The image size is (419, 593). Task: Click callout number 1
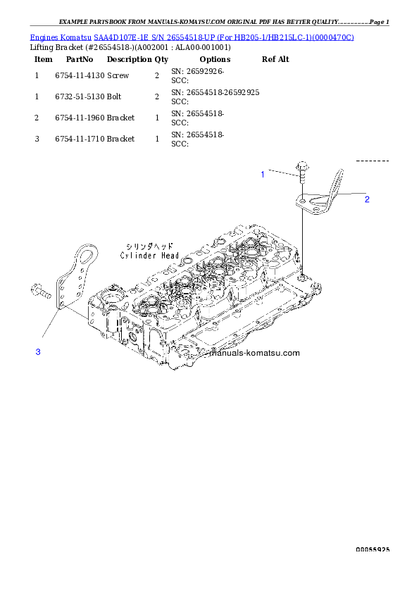(263, 174)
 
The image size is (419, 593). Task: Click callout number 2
(367, 199)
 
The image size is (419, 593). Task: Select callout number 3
(38, 351)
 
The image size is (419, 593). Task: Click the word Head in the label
(168, 256)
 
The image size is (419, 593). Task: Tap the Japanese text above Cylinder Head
(149, 246)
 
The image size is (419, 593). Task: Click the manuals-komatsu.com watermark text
(255, 354)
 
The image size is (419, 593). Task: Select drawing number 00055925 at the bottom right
(373, 550)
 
